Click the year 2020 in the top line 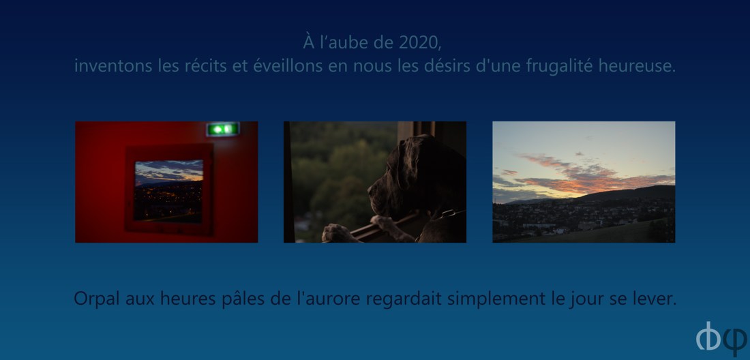[419, 42]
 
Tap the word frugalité [560, 66]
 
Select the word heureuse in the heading [637, 66]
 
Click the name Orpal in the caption [97, 299]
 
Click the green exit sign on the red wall [222, 129]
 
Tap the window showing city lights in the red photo [168, 191]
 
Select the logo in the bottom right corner [721, 337]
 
